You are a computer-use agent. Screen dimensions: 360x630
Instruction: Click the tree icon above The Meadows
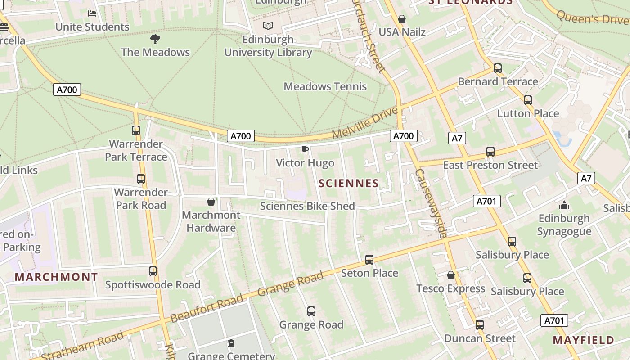coord(155,39)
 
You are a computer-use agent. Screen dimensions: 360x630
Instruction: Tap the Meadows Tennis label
coord(325,86)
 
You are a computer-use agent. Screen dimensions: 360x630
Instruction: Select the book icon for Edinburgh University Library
coord(268,26)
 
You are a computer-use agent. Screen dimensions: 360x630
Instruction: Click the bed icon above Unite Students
coord(92,13)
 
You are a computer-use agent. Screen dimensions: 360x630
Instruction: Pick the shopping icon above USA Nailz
coord(402,19)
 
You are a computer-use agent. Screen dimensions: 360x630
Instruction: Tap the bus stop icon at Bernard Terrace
coord(498,68)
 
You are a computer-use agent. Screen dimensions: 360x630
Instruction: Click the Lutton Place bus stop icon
coord(528,100)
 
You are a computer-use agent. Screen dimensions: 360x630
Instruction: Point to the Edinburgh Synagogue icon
coord(564,205)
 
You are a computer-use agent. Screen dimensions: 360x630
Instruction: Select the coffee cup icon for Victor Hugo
coord(305,149)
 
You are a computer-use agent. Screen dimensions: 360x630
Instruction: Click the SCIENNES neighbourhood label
coord(349,183)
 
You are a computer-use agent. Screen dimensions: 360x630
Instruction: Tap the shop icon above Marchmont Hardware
coord(211,202)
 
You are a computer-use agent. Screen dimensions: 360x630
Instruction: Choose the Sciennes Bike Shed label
coord(307,206)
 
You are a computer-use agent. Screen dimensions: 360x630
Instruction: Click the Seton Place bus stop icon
coord(369,260)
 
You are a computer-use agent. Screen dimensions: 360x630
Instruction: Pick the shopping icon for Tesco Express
coord(451,275)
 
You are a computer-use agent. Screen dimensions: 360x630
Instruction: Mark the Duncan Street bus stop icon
coord(480,325)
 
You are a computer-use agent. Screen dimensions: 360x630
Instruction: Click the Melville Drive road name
coord(365,122)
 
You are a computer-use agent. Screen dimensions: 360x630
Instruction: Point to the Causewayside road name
coord(431,203)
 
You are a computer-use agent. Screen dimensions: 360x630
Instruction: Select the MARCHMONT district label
coord(56,277)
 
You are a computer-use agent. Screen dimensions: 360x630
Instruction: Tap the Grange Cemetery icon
coord(231,343)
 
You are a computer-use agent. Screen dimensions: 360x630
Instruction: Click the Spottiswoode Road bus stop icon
coord(153,271)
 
